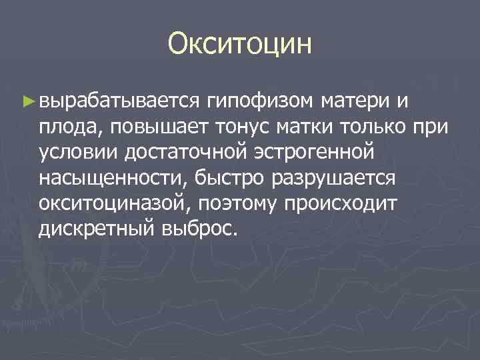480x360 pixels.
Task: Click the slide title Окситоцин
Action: [x=240, y=44]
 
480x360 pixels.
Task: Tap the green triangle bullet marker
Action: [x=28, y=101]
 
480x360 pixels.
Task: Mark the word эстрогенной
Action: [x=312, y=152]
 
